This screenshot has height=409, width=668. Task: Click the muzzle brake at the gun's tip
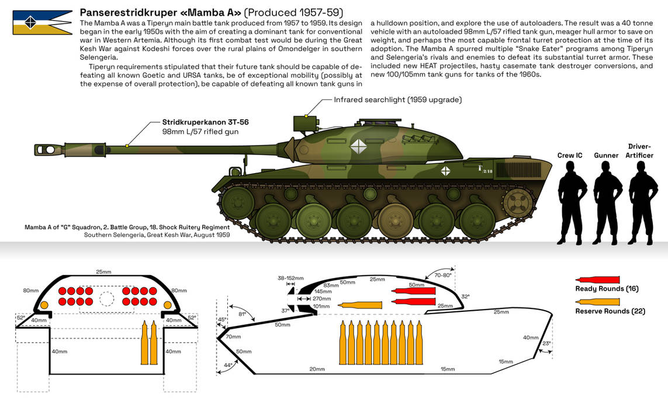point(48,150)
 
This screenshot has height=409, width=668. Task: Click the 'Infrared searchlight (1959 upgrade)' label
point(397,99)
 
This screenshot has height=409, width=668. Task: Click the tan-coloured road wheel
point(392,221)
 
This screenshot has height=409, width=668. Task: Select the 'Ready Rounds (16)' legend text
point(607,289)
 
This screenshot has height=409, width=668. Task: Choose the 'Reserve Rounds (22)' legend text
point(610,311)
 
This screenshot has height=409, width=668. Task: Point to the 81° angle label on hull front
point(241,314)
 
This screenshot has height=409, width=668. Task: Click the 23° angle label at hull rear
point(546,344)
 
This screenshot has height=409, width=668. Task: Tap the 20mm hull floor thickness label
point(317,369)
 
